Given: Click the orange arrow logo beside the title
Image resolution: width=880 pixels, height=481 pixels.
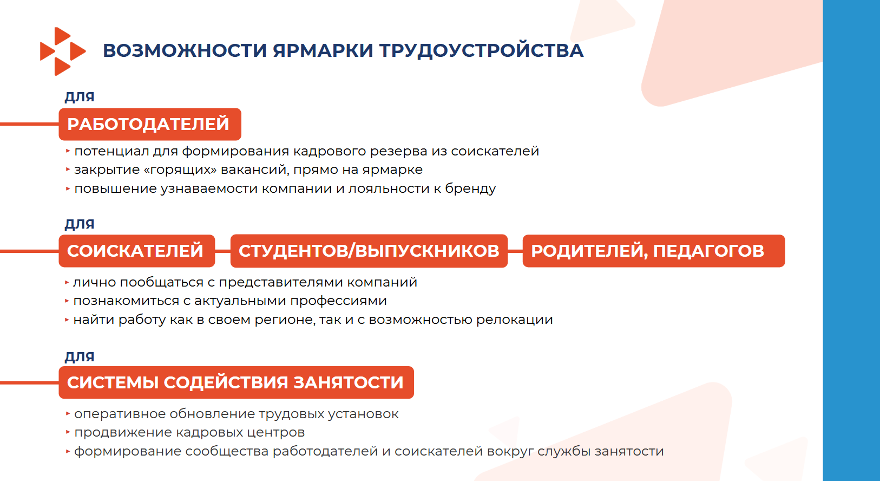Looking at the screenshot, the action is point(63,51).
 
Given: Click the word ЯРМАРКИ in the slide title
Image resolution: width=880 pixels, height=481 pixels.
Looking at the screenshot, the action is point(323,51).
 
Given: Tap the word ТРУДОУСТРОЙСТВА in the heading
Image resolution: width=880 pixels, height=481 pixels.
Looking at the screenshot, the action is point(482,51).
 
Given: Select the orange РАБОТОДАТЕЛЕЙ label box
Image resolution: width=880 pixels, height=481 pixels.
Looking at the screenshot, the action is point(150,124).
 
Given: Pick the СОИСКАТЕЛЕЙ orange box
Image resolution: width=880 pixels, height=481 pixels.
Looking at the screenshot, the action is point(137,251).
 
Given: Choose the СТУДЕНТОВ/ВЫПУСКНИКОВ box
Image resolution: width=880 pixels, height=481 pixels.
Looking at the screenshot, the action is point(369,251).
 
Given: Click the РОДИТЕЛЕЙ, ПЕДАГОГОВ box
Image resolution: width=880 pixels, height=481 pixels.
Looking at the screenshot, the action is point(654,251).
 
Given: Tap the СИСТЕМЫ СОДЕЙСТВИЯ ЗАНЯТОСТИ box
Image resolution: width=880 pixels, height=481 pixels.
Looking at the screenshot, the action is point(236,382).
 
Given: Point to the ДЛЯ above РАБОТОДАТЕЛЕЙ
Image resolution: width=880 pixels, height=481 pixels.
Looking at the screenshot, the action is point(80,97).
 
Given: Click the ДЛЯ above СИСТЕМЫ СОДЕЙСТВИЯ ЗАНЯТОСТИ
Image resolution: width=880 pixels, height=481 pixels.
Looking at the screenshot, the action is point(80,357).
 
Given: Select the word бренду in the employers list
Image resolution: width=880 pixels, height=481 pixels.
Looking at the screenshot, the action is point(470,189).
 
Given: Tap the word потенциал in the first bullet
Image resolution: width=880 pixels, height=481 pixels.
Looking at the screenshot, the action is point(111,152).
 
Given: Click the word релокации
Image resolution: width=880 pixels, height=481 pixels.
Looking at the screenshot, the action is point(514,320).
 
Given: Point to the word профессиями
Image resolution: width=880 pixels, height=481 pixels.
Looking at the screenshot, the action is point(338,301).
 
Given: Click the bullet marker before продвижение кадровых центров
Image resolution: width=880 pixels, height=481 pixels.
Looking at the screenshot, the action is point(68,432).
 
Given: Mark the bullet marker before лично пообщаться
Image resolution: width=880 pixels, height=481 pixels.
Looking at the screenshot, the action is point(67,282).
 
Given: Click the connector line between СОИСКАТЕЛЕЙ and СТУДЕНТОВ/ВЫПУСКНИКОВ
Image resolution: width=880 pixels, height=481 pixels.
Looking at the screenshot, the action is point(223,251).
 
